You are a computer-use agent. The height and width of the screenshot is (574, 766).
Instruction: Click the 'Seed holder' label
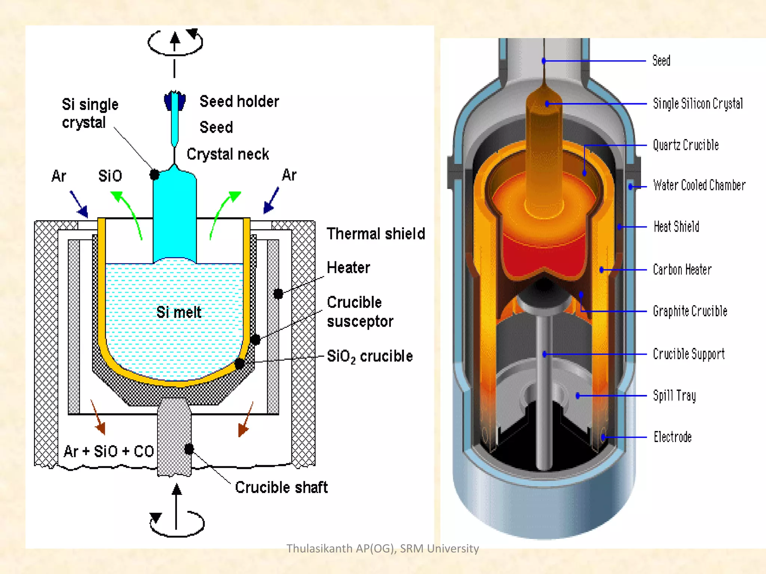pyautogui.click(x=239, y=102)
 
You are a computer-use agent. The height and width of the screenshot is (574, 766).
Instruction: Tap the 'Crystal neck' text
pyautogui.click(x=227, y=154)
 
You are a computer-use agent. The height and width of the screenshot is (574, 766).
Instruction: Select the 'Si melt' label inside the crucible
pyautogui.click(x=178, y=312)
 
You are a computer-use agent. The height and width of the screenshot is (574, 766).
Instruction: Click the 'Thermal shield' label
pyautogui.click(x=376, y=234)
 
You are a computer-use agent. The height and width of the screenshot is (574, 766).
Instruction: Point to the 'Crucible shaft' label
pyautogui.click(x=281, y=487)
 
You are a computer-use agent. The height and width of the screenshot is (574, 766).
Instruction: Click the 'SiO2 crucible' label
pyautogui.click(x=370, y=356)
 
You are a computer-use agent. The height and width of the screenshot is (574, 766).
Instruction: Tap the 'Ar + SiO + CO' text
pyautogui.click(x=108, y=451)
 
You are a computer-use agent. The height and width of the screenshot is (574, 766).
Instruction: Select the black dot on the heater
pyautogui.click(x=278, y=294)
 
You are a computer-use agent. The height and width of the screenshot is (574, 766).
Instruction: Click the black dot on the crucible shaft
pyautogui.click(x=189, y=449)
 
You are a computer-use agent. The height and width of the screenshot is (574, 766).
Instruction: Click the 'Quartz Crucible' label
pyautogui.click(x=686, y=145)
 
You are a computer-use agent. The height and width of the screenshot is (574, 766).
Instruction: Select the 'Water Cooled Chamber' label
pyautogui.click(x=699, y=185)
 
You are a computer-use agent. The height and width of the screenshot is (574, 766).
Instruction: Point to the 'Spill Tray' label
pyautogui.click(x=674, y=395)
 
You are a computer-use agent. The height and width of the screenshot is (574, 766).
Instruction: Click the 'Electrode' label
pyautogui.click(x=672, y=437)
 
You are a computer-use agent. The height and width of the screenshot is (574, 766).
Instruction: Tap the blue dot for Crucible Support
pyautogui.click(x=545, y=354)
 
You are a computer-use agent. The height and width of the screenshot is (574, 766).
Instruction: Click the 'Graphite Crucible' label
pyautogui.click(x=690, y=311)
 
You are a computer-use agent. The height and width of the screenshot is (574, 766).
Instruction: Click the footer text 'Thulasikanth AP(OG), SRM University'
pyautogui.click(x=382, y=548)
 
